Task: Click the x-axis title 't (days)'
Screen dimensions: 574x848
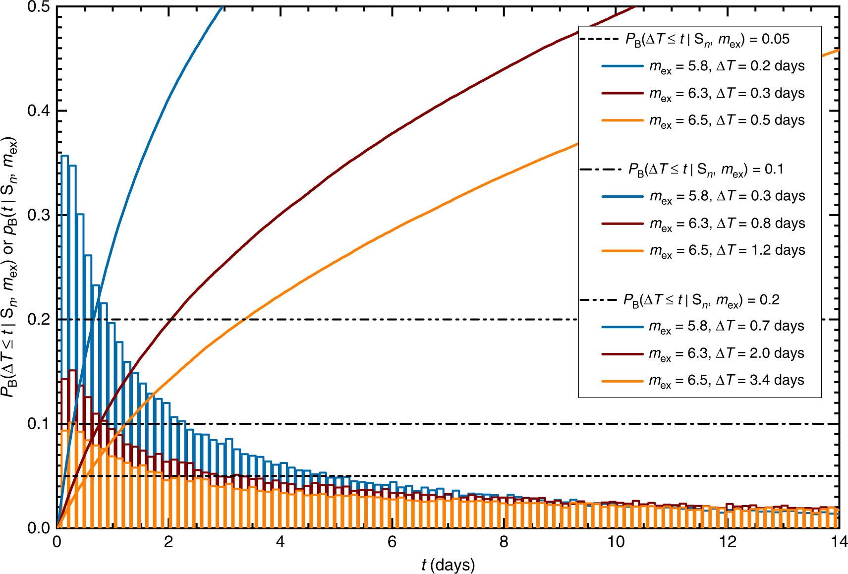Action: click(448, 565)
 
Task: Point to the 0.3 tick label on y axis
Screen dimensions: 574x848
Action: click(39, 215)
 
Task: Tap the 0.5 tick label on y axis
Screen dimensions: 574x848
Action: click(39, 7)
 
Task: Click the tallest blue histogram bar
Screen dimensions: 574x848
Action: click(64, 342)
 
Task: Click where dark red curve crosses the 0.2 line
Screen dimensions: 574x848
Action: click(170, 320)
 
